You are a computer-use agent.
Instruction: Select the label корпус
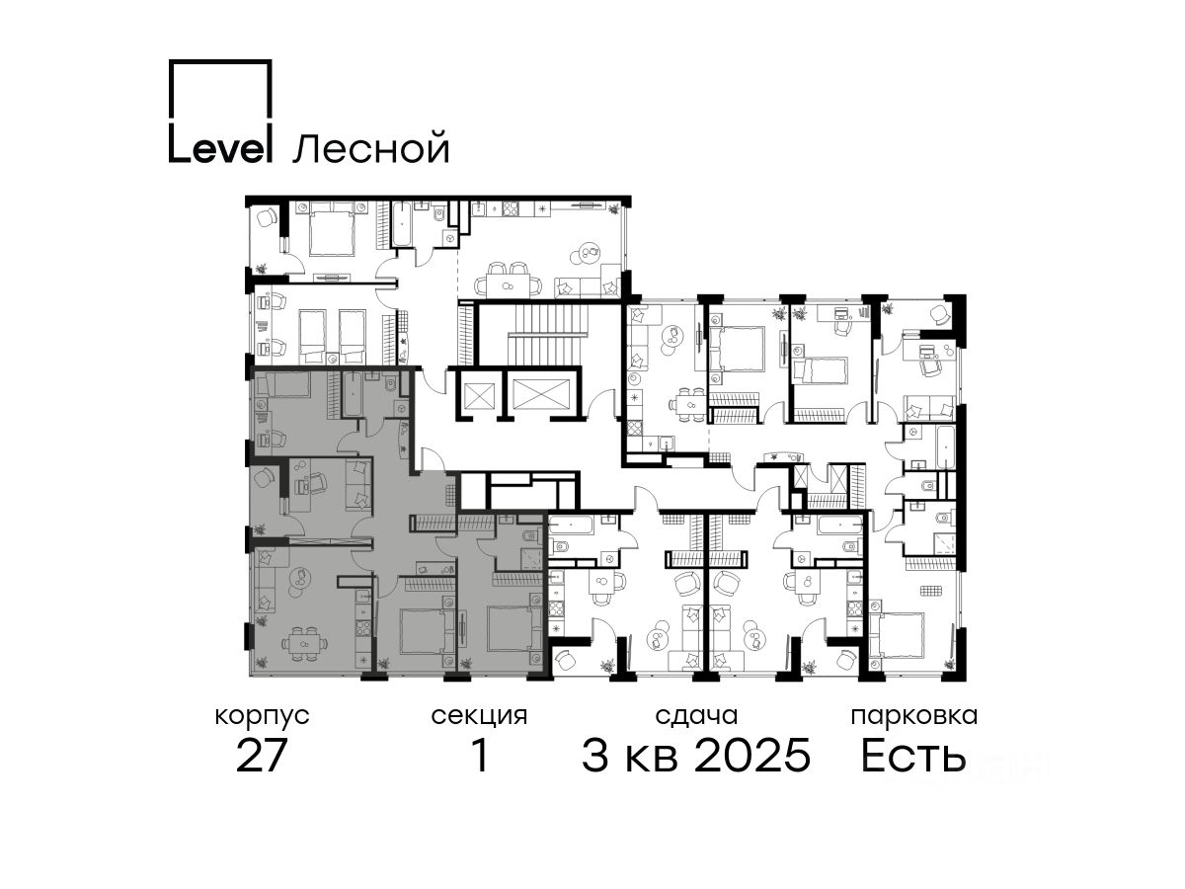coord(262,717)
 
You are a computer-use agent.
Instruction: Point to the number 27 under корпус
coord(261,756)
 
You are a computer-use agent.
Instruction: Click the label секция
coord(479,716)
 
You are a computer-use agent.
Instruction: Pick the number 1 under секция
coord(480,756)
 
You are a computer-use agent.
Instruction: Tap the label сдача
coord(696,716)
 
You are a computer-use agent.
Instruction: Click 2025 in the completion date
coord(752,756)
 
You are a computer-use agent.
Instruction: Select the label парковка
coord(914,717)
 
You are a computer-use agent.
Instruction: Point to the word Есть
coord(912,756)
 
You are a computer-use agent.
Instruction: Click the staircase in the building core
coord(547,334)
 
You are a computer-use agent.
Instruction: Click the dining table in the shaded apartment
coord(305,643)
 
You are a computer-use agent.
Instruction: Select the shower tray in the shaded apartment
coord(530,559)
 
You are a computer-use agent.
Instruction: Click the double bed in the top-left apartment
coord(331,229)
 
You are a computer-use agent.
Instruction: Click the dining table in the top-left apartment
coord(508,286)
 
